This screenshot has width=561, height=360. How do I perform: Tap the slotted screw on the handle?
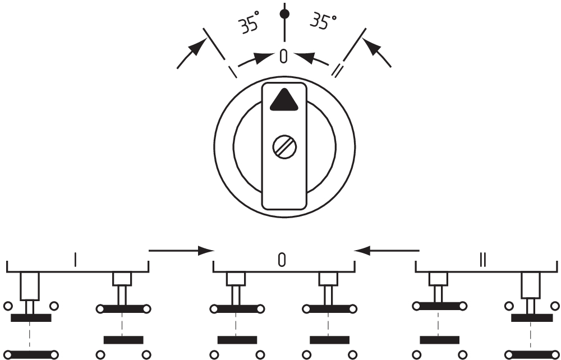click(x=284, y=147)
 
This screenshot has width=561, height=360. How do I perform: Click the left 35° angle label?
click(x=250, y=25)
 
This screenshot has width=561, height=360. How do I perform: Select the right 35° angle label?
click(x=323, y=22)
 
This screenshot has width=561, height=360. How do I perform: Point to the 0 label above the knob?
click(x=284, y=56)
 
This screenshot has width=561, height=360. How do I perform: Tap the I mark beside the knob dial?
click(x=231, y=72)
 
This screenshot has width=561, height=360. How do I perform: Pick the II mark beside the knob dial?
click(x=337, y=71)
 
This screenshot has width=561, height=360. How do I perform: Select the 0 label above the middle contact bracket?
click(x=283, y=259)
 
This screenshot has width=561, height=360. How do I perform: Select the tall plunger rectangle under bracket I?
click(x=30, y=287)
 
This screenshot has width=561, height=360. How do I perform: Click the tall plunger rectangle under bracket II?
click(x=530, y=285)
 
